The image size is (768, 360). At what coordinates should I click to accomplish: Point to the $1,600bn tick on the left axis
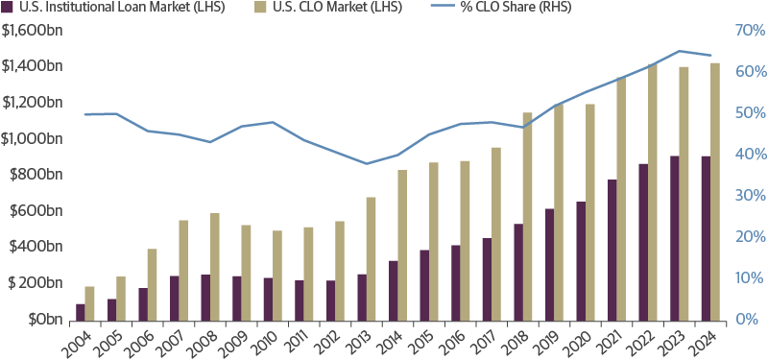[35, 30]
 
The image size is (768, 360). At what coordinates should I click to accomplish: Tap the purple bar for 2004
[80, 311]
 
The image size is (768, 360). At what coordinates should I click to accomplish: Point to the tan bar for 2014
[402, 245]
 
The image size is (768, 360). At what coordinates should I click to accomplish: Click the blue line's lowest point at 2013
[365, 163]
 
